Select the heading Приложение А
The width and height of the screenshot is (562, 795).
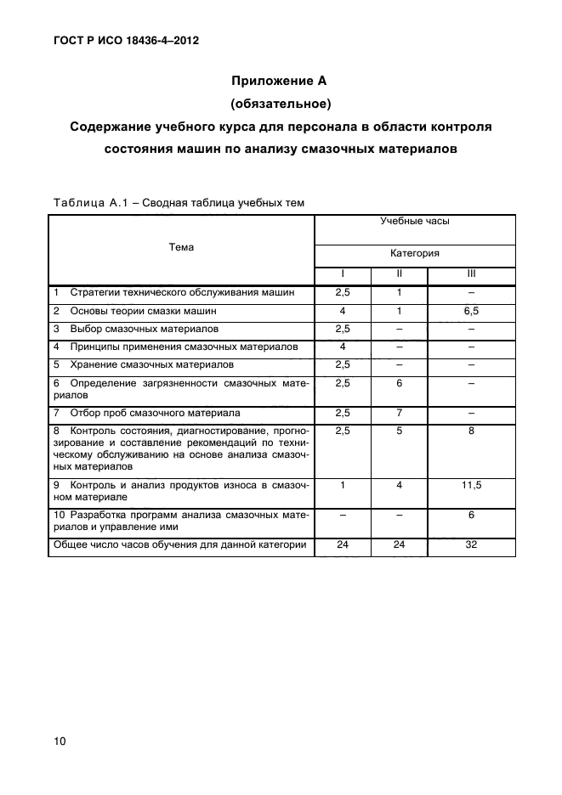(280, 82)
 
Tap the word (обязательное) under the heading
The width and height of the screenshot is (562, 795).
(280, 104)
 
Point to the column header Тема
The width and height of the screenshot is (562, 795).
(181, 247)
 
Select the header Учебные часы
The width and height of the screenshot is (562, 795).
(415, 221)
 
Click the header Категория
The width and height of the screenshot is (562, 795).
(415, 253)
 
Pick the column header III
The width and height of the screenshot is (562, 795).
(471, 273)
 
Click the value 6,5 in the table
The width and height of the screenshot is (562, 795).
(471, 311)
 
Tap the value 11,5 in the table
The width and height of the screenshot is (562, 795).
(471, 485)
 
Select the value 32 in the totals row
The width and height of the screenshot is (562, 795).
(471, 544)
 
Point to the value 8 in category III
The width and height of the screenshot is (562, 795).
(471, 431)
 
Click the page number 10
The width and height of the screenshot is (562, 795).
(60, 741)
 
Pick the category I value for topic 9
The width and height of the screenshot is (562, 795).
(343, 485)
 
